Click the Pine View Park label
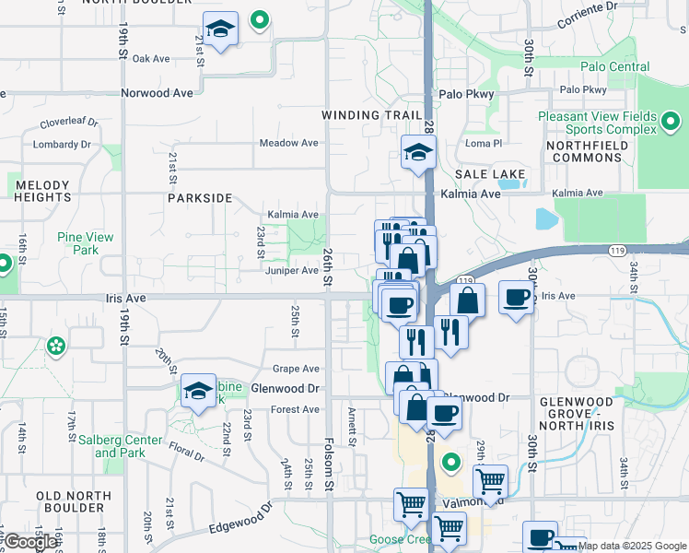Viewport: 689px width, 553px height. (85, 243)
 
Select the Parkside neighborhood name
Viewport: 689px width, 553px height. (200, 198)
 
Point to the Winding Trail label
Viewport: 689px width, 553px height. (364, 115)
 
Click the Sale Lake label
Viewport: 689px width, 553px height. (490, 174)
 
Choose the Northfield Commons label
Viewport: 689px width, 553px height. (584, 152)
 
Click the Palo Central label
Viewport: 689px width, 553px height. (615, 66)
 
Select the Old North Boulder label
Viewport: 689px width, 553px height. (74, 502)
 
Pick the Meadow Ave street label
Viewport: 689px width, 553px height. (288, 143)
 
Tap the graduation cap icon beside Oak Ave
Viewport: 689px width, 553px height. (220, 29)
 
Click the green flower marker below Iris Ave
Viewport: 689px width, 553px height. (56, 347)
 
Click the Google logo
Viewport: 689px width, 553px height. (30, 541)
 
